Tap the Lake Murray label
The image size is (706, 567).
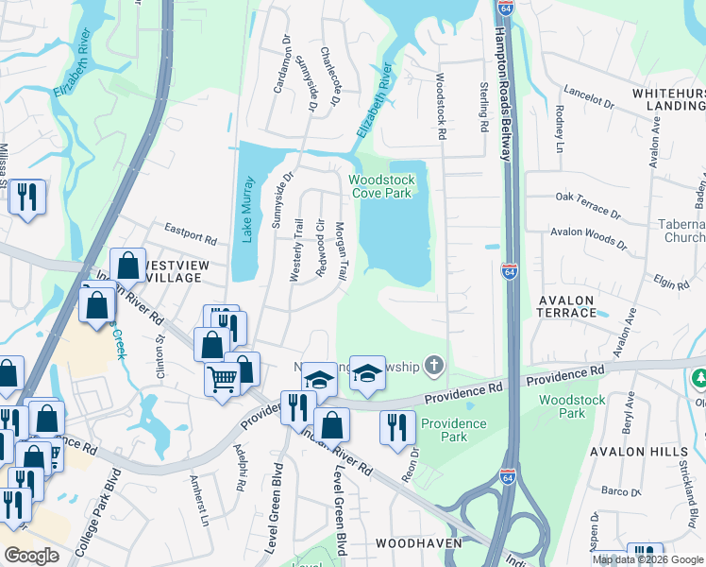point(248,210)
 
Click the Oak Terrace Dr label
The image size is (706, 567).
point(589,205)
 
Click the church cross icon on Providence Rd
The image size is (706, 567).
point(433,365)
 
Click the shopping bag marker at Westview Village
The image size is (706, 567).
point(126,265)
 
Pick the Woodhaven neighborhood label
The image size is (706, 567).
point(418,543)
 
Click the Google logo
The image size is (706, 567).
point(31,555)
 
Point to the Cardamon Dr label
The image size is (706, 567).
point(278,72)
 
